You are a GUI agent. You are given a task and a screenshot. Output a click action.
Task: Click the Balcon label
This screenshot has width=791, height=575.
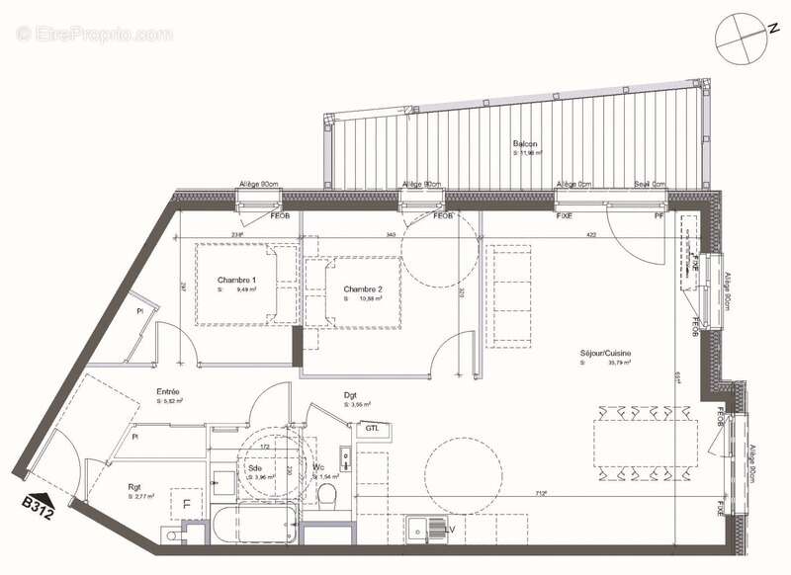click(x=525, y=143)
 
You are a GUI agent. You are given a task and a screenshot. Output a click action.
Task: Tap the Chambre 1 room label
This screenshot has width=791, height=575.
click(x=236, y=280)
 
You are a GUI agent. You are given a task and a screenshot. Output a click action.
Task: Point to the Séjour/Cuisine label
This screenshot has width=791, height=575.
click(x=606, y=353)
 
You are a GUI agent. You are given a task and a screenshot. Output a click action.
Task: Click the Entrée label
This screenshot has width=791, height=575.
click(x=167, y=392)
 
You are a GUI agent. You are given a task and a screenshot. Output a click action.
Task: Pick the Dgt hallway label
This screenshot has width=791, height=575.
click(x=350, y=395)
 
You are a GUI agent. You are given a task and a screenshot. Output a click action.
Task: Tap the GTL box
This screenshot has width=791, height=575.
click(x=373, y=429)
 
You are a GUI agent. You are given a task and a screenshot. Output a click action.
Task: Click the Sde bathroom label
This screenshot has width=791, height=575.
click(x=255, y=467)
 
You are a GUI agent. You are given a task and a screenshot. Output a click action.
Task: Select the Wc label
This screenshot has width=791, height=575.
click(x=318, y=467)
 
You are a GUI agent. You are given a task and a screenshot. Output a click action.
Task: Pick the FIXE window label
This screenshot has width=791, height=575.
click(x=566, y=215)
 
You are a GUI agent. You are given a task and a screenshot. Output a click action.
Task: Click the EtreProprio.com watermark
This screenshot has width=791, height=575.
click(x=95, y=34)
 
